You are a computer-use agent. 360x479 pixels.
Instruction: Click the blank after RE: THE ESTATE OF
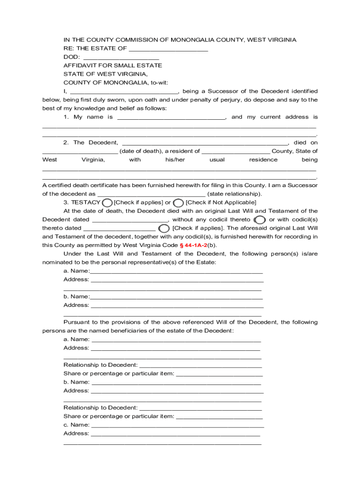click(x=168, y=49)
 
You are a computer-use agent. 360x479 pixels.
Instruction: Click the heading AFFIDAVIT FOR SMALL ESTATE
click(x=113, y=65)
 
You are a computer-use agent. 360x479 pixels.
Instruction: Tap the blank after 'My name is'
click(x=171, y=117)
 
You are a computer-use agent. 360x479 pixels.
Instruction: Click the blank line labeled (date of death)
click(x=80, y=152)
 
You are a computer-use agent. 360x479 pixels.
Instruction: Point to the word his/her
click(x=175, y=160)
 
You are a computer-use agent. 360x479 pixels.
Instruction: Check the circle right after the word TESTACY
click(x=107, y=203)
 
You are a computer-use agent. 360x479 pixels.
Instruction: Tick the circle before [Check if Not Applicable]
click(x=178, y=203)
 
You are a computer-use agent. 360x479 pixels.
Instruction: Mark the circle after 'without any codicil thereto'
click(x=259, y=220)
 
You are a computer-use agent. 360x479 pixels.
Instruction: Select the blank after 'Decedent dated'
click(x=130, y=220)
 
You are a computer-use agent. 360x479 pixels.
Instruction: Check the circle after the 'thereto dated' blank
click(x=164, y=228)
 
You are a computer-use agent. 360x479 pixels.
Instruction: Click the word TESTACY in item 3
click(x=86, y=203)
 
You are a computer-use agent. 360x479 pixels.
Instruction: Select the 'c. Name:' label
click(x=76, y=425)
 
